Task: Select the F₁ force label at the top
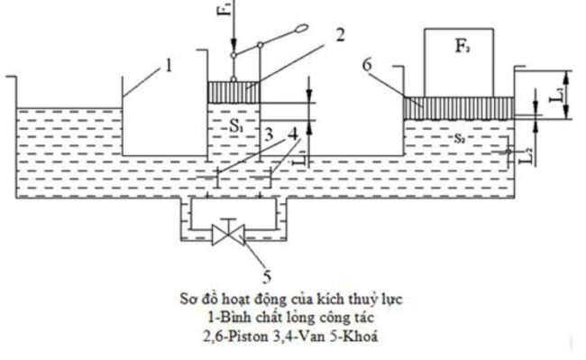227,14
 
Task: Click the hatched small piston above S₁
234,92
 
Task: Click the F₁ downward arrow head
233,51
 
